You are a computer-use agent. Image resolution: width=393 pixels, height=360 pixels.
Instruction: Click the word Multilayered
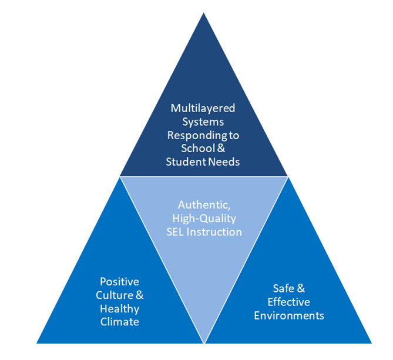point(204,108)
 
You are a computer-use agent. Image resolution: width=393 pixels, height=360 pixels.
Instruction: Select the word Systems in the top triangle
point(204,122)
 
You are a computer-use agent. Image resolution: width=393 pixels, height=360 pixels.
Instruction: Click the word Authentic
point(202,205)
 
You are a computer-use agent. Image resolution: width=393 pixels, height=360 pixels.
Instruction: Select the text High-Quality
point(203,218)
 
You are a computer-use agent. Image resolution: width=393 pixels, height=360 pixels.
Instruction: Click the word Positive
point(119,282)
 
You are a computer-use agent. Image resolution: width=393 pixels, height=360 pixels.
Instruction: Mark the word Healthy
point(119,308)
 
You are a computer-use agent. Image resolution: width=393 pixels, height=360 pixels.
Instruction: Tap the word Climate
point(119,322)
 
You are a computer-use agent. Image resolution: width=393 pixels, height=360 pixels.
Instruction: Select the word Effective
point(288,302)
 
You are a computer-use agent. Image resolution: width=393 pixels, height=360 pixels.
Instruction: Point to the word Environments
point(288,315)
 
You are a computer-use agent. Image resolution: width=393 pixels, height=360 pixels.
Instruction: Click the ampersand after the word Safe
point(300,288)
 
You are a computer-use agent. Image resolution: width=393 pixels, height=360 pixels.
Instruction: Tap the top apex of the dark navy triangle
point(204,14)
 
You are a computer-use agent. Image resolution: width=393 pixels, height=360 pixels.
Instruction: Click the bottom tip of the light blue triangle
point(204,342)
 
